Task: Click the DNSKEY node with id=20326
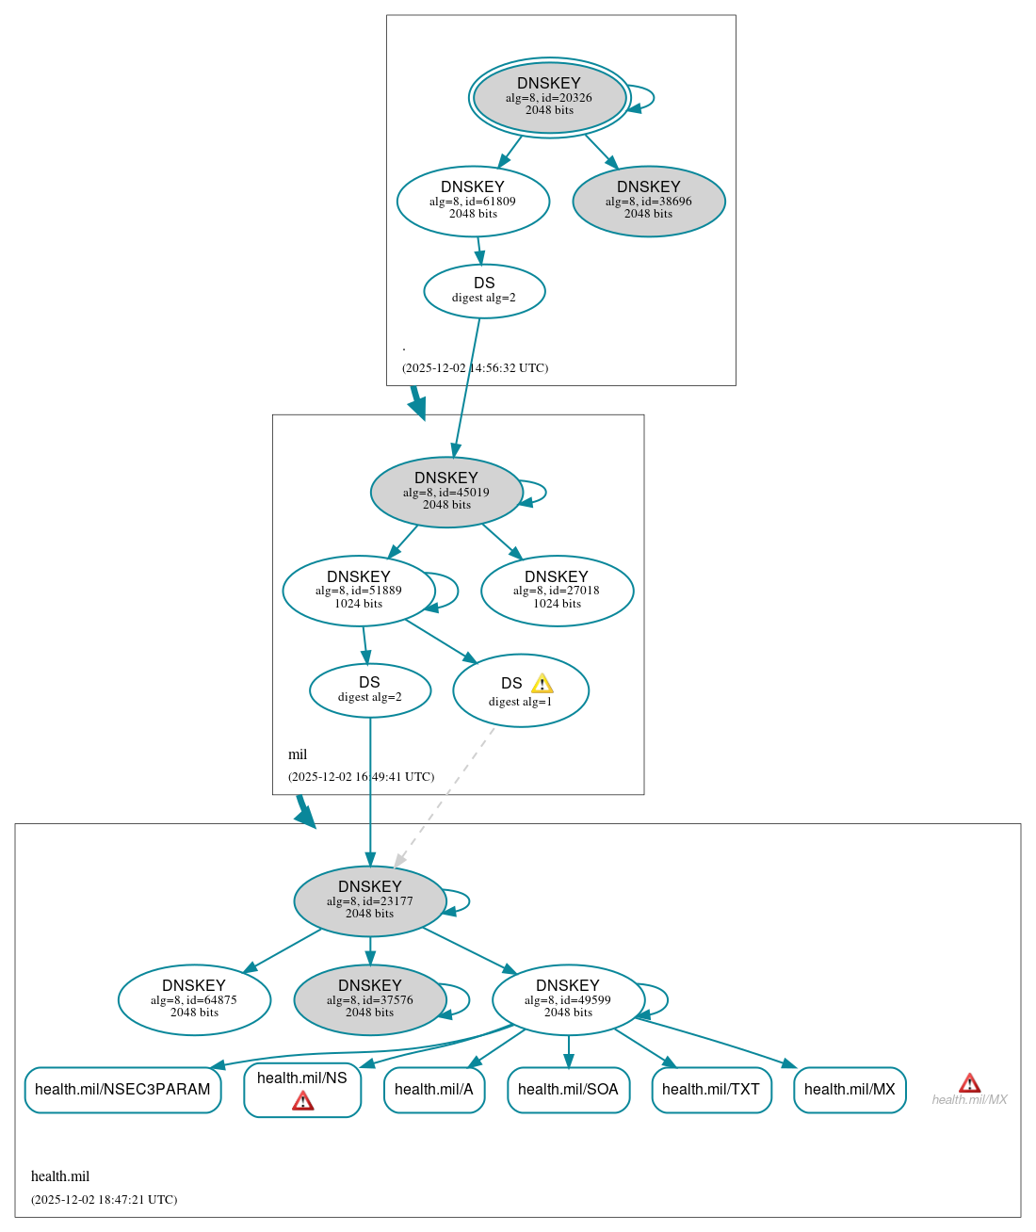pyautogui.click(x=549, y=97)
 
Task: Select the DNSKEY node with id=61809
pyautogui.click(x=473, y=201)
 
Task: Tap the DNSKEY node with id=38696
pyautogui.click(x=648, y=201)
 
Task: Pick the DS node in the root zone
pyautogui.click(x=484, y=291)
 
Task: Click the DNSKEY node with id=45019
pyautogui.click(x=446, y=492)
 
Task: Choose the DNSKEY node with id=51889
pyautogui.click(x=359, y=591)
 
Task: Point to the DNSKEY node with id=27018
pyautogui.click(x=557, y=591)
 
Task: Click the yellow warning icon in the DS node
pyautogui.click(x=542, y=684)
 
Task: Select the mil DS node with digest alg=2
pyautogui.click(x=370, y=690)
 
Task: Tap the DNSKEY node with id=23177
pyautogui.click(x=370, y=900)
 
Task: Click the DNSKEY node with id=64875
pyautogui.click(x=194, y=999)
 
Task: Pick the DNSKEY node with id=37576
pyautogui.click(x=370, y=999)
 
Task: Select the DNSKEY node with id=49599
pyautogui.click(x=568, y=999)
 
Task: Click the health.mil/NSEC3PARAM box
pyautogui.click(x=122, y=1090)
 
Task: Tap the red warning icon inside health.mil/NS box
pyautogui.click(x=303, y=1100)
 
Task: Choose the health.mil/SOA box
pyautogui.click(x=568, y=1090)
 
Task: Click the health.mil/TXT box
pyautogui.click(x=711, y=1090)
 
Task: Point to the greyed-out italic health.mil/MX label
pyautogui.click(x=969, y=1099)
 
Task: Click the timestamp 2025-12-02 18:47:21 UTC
pyautogui.click(x=104, y=1199)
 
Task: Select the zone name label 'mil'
pyautogui.click(x=298, y=754)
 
